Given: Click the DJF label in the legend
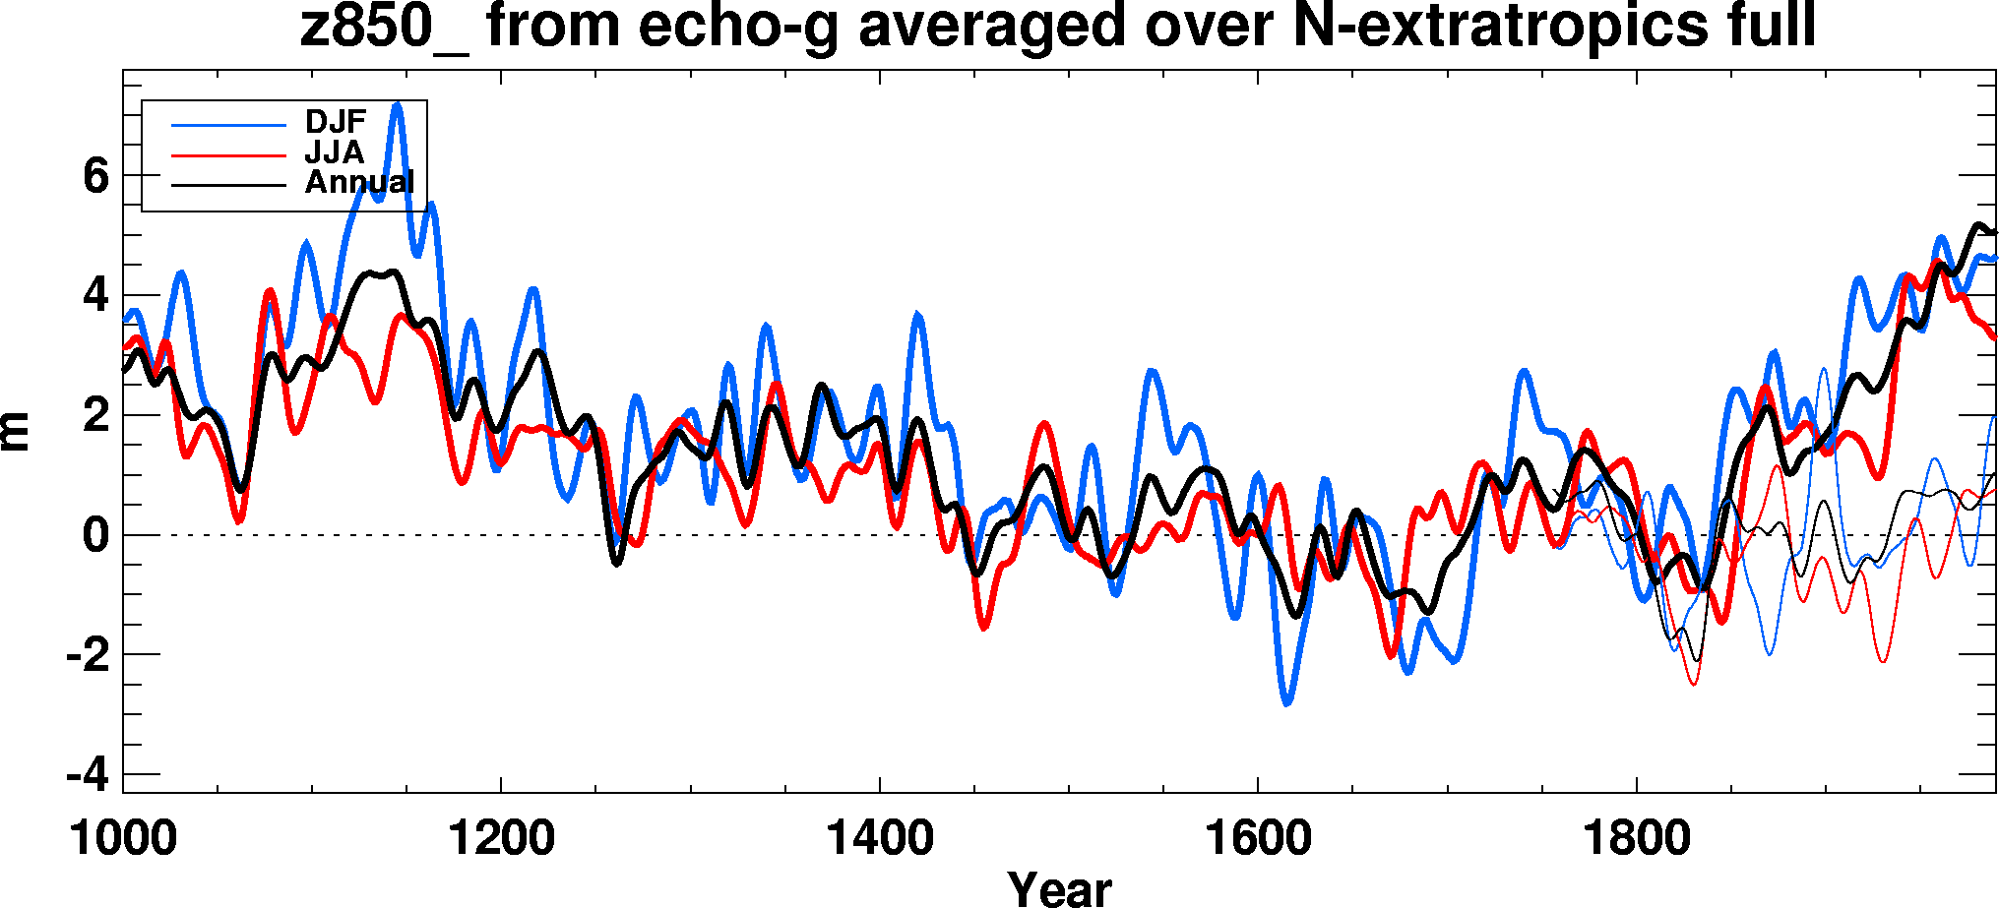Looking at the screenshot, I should (335, 122).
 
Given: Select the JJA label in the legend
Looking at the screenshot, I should (334, 152).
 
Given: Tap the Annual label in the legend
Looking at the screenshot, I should (359, 182).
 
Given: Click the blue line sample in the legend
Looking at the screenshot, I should (228, 125).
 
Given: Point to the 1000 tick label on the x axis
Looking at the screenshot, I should (123, 839).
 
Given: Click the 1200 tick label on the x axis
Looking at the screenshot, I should (501, 839).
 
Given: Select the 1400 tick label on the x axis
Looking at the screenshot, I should (879, 839).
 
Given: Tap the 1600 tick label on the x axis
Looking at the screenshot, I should (1258, 839).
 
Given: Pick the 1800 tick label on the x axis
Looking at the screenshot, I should (1636, 839).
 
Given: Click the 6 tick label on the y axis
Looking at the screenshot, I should (95, 177).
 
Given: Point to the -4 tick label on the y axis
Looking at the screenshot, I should (88, 775).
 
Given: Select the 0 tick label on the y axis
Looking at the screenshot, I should (95, 536).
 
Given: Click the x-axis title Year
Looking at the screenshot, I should (1059, 888).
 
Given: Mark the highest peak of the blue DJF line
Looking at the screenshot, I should (397, 103).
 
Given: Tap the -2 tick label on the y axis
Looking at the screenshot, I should (88, 655).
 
